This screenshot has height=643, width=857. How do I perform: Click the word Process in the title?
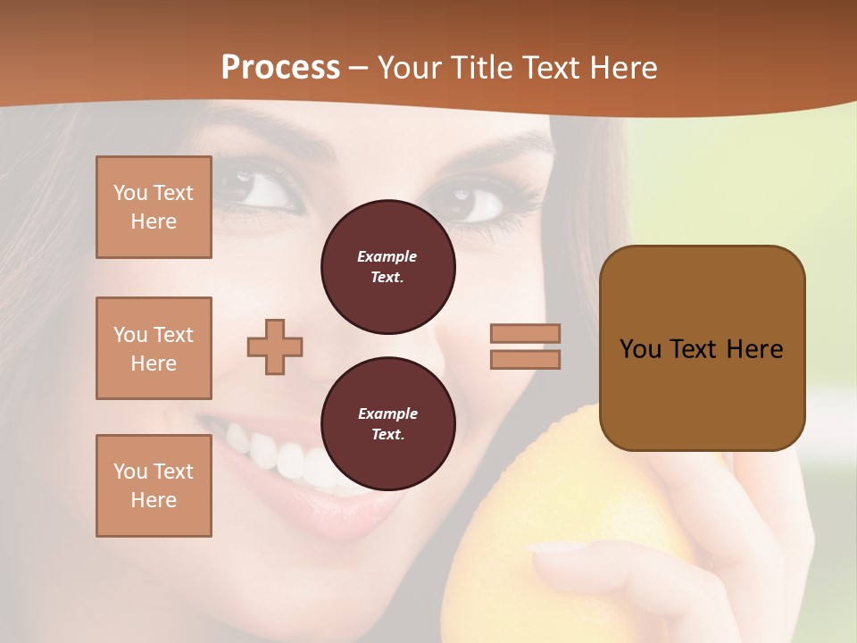tap(280, 68)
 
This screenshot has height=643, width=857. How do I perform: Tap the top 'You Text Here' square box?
tap(154, 207)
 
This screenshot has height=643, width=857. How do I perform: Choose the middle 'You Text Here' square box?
tap(154, 348)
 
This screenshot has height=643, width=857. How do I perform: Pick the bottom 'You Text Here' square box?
tap(154, 485)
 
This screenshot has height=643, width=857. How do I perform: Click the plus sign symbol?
tap(275, 347)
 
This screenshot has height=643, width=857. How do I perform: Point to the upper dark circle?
tap(387, 267)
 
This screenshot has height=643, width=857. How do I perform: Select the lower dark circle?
tap(387, 424)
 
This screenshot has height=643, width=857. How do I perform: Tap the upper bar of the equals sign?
tap(525, 333)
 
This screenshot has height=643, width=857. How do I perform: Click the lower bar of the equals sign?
tap(525, 359)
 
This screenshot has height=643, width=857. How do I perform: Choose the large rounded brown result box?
tap(702, 348)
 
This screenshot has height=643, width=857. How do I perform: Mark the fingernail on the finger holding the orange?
tap(553, 547)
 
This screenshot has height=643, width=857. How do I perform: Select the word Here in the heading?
tap(621, 68)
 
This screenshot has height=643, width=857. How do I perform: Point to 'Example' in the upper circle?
tap(387, 256)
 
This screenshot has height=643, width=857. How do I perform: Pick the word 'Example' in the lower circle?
tap(387, 413)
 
